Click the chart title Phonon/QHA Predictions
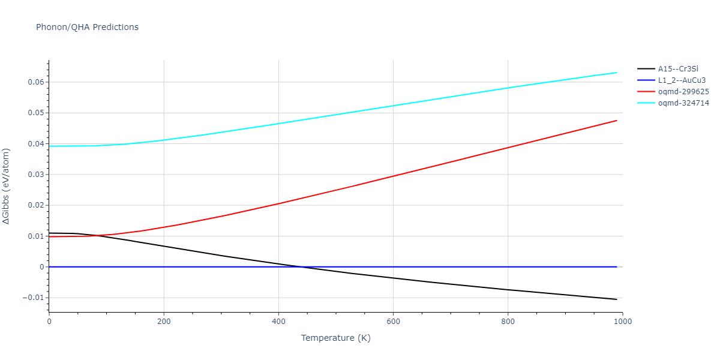(87, 27)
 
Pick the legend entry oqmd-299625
(683, 92)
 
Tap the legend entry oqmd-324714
(683, 103)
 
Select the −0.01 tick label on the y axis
(33, 298)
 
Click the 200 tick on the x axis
(164, 322)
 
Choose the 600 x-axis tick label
(393, 322)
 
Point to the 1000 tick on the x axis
(622, 322)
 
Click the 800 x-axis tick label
(508, 322)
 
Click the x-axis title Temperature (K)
(335, 338)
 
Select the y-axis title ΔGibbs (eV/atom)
(7, 186)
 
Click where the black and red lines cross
(98, 235)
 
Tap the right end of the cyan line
(617, 73)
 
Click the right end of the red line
(617, 121)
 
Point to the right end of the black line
(617, 299)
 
